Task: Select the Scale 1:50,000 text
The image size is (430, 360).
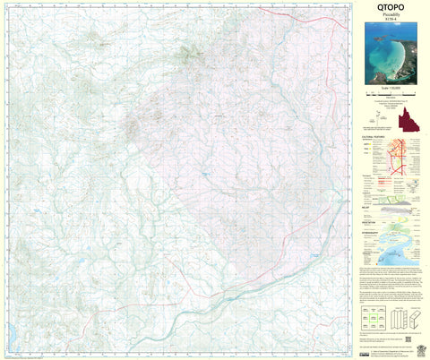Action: (x=390, y=93)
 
